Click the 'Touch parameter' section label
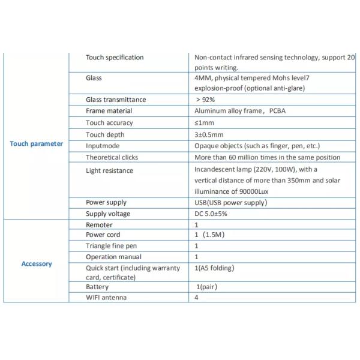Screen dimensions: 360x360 point(37,144)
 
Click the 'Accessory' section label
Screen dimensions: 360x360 point(37,263)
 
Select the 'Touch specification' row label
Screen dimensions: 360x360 point(115,58)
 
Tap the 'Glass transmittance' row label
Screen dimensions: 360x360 point(116,100)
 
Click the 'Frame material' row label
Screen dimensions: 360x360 point(109,111)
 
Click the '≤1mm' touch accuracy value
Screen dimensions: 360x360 point(205,122)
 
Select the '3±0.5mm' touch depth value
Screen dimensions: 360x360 point(209,134)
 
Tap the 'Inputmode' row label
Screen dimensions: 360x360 point(103,146)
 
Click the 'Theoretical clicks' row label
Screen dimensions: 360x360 point(112,157)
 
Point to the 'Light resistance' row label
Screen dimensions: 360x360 point(109,170)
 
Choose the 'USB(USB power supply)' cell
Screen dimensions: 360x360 point(230,202)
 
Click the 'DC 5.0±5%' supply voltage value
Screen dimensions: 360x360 point(211,214)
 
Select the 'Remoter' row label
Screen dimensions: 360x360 point(99,224)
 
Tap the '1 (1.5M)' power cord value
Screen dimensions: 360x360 point(209,235)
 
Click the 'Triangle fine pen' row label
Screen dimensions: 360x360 point(112,246)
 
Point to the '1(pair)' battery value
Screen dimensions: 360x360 point(208,287)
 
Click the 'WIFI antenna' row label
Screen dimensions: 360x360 point(106,297)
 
